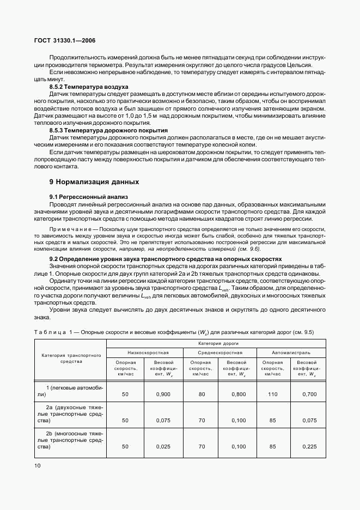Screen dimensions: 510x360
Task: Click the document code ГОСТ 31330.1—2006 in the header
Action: [65, 40]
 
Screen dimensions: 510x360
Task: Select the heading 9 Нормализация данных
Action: [94, 181]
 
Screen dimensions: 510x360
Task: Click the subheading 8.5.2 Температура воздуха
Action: [89, 87]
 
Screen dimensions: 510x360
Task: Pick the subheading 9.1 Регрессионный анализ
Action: [88, 196]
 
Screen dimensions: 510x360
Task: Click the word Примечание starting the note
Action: [71, 230]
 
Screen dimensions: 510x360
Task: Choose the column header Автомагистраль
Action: [290, 353]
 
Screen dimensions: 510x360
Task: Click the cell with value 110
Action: [273, 394]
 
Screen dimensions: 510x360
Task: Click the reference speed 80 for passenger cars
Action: [201, 394]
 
